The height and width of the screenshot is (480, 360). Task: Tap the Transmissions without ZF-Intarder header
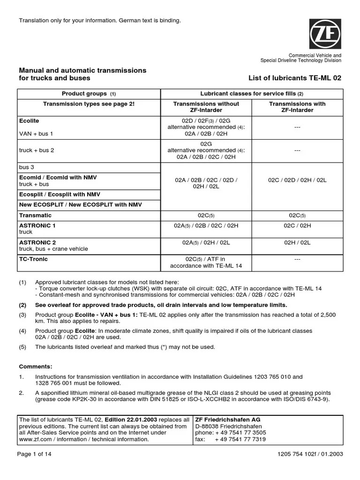tap(206, 107)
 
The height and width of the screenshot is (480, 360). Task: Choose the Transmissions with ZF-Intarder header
tap(297, 107)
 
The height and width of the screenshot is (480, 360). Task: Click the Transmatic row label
tap(35, 215)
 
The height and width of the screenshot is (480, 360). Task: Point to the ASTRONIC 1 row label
tap(37, 225)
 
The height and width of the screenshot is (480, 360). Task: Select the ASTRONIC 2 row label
tap(37, 242)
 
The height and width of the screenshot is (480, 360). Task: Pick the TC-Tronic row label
tap(33, 259)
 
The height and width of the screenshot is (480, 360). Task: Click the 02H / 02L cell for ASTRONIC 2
tap(297, 242)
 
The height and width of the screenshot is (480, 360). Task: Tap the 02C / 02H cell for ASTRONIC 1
tap(297, 225)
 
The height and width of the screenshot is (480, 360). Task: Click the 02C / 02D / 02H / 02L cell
tap(297, 180)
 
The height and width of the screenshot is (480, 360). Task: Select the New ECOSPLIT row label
tap(80, 204)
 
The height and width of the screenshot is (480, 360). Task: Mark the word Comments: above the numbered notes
tap(36, 366)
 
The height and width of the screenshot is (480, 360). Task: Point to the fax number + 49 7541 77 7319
tap(240, 439)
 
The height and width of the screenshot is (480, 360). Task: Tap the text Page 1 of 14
tap(36, 454)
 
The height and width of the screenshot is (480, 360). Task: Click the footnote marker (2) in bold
tap(22, 305)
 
